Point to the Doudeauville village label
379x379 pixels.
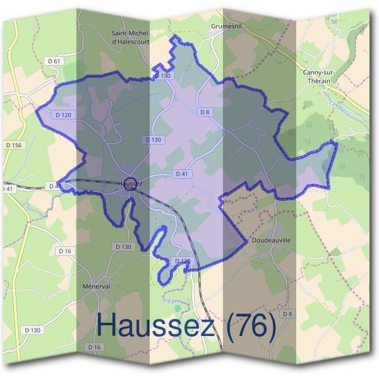270,241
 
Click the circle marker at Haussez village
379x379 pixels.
131,184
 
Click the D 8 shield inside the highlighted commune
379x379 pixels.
203,112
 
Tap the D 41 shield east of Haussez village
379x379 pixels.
182,173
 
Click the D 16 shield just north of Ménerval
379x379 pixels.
64,251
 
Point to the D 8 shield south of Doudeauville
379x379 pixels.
288,314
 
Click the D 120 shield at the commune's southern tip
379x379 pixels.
182,260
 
